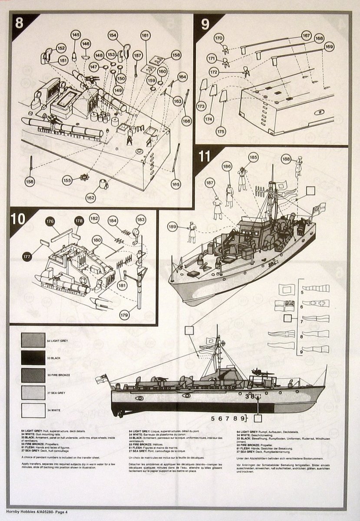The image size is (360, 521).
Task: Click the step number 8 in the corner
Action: click(19, 23)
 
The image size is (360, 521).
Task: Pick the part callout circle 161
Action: click(145, 36)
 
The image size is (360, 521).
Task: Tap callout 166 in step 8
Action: click(187, 122)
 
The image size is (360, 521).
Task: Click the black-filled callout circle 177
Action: click(27, 257)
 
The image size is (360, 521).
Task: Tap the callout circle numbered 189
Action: click(173, 226)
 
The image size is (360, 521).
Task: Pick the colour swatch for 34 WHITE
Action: click(33, 410)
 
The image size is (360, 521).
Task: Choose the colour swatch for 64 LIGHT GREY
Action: click(33, 340)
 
